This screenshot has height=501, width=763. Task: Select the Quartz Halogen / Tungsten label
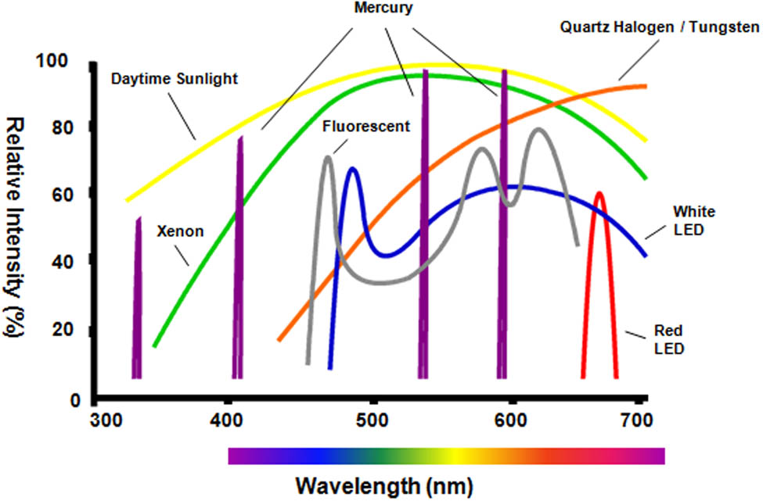[659, 28]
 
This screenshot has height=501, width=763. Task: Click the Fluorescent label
[366, 126]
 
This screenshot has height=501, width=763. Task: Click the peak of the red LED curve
[599, 193]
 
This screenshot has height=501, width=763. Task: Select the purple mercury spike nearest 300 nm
[138, 297]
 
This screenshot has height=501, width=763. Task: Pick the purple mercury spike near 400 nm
[239, 258]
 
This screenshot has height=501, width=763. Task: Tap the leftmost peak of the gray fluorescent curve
[327, 158]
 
